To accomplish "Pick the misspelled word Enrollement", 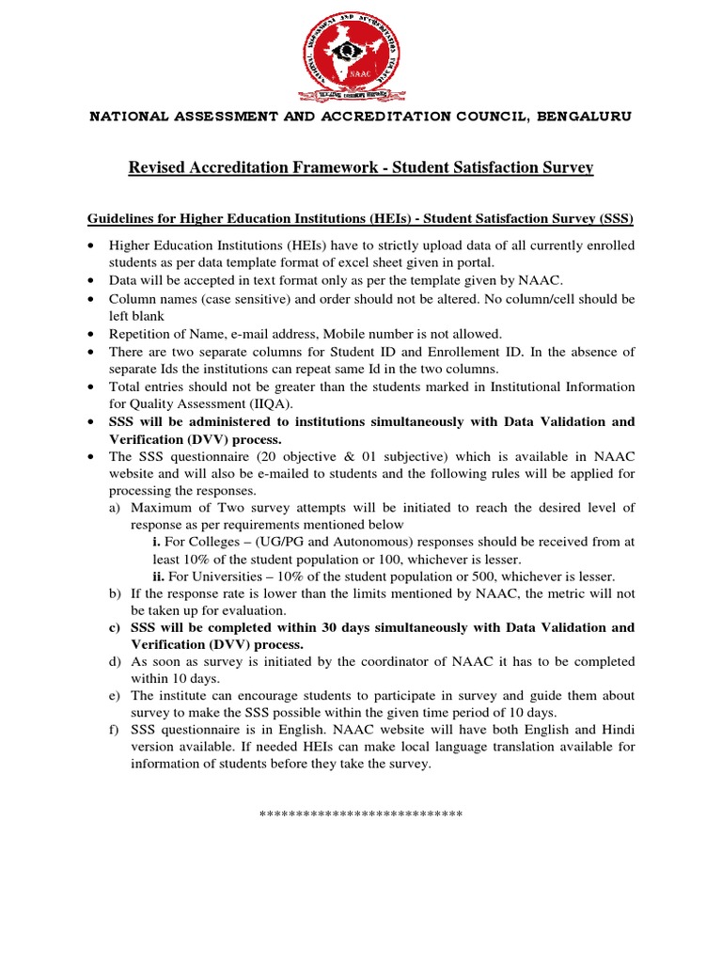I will [x=451, y=352].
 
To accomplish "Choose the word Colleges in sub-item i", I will [x=214, y=542].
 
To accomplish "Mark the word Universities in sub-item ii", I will [x=223, y=576].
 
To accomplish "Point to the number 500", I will [x=487, y=576].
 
